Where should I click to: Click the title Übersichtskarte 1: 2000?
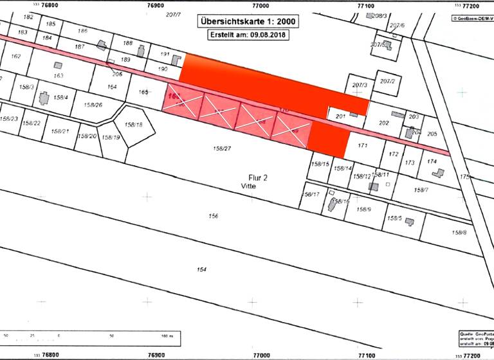[248, 21]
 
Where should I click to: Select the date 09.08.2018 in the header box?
[268, 35]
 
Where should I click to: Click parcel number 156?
[214, 216]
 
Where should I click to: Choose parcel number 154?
[201, 269]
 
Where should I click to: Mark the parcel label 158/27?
[222, 148]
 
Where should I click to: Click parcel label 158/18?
[134, 125]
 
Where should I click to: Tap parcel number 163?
[59, 76]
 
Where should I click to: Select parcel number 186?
[82, 31]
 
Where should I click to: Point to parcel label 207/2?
[387, 82]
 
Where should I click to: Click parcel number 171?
[362, 145]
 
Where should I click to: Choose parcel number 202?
[384, 123]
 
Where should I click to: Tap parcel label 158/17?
[311, 194]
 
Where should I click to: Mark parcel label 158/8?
[459, 233]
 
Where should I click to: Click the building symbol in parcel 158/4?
[44, 98]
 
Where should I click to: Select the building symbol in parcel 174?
[438, 173]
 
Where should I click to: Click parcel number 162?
[16, 57]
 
